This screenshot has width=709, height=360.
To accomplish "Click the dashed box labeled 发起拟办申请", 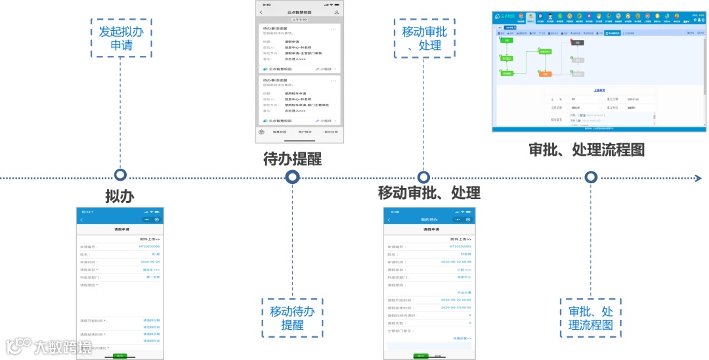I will tap(121, 38).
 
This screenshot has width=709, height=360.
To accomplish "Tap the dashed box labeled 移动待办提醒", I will tap(292, 318).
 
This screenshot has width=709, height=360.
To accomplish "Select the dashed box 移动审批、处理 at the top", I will tap(423, 37).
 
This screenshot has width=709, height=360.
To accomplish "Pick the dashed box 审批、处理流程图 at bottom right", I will tap(590, 318).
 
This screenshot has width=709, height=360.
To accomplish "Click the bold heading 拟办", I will tap(120, 196).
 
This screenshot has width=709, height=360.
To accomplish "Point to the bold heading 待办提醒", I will tap(292, 158).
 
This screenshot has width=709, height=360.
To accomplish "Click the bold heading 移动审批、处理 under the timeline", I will tap(429, 192).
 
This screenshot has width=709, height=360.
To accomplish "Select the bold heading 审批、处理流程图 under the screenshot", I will tap(586, 150).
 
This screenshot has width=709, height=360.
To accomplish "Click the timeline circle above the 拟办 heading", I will tap(120, 175).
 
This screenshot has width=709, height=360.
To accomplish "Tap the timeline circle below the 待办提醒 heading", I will tap(293, 177).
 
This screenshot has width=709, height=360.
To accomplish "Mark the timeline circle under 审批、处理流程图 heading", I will tap(591, 177).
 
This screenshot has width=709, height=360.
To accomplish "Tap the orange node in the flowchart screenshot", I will tap(545, 74).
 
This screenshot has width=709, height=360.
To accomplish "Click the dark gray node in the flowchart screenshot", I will tap(577, 42).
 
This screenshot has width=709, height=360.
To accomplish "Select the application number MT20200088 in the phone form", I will tap(149, 246).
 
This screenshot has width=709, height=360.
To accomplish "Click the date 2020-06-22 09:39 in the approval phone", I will tap(456, 261).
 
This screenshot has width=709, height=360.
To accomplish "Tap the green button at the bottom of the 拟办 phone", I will tap(120, 355).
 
